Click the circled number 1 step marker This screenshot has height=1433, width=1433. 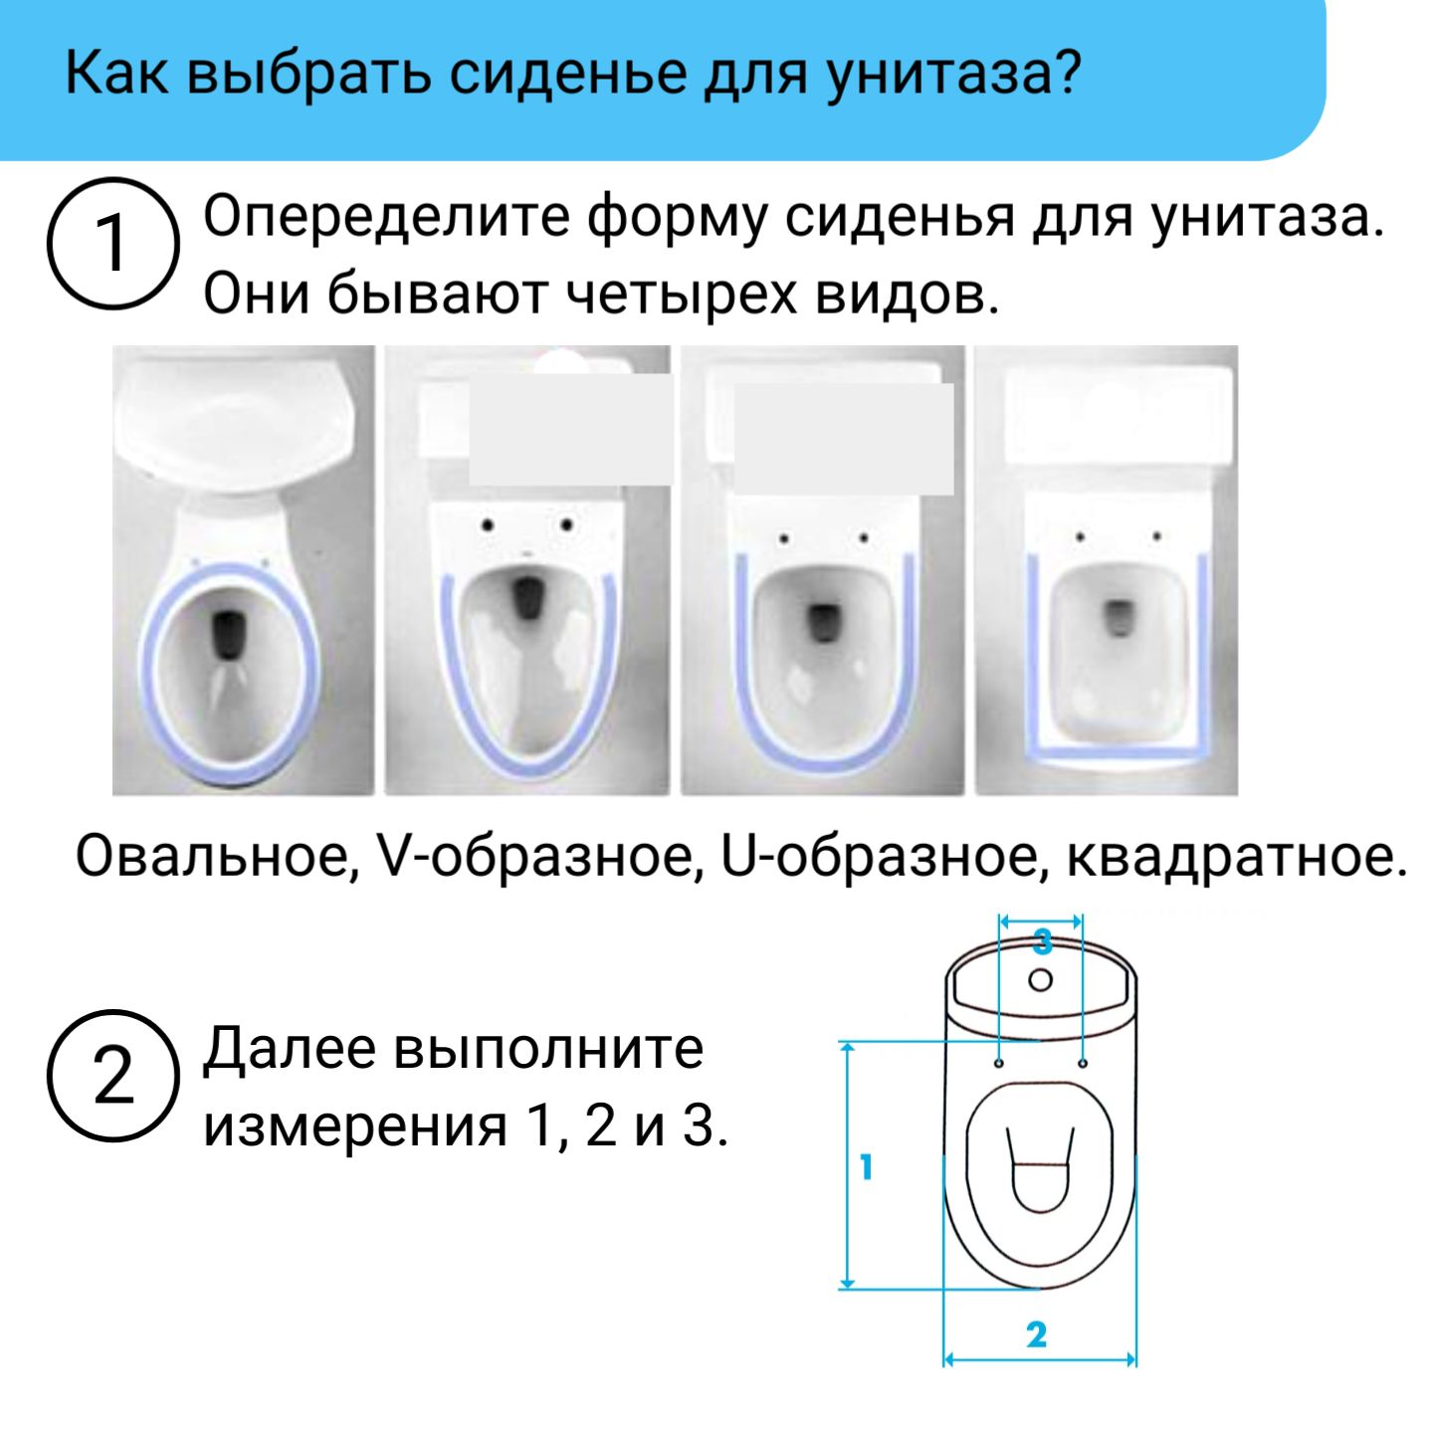(x=113, y=243)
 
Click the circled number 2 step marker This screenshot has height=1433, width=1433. (x=113, y=1076)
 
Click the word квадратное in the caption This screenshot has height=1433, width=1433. (x=1236, y=855)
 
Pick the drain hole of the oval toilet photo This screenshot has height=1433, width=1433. (x=230, y=634)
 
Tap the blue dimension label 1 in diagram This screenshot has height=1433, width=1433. (x=867, y=1165)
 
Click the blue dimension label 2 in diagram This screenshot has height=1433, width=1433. (x=1037, y=1334)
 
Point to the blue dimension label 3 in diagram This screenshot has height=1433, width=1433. (x=1041, y=939)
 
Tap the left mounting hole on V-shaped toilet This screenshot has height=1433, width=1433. (x=488, y=524)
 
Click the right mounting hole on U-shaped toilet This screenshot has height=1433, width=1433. (x=864, y=538)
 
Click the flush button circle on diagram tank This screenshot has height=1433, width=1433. (x=1040, y=979)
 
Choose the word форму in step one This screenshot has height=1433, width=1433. (x=677, y=216)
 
